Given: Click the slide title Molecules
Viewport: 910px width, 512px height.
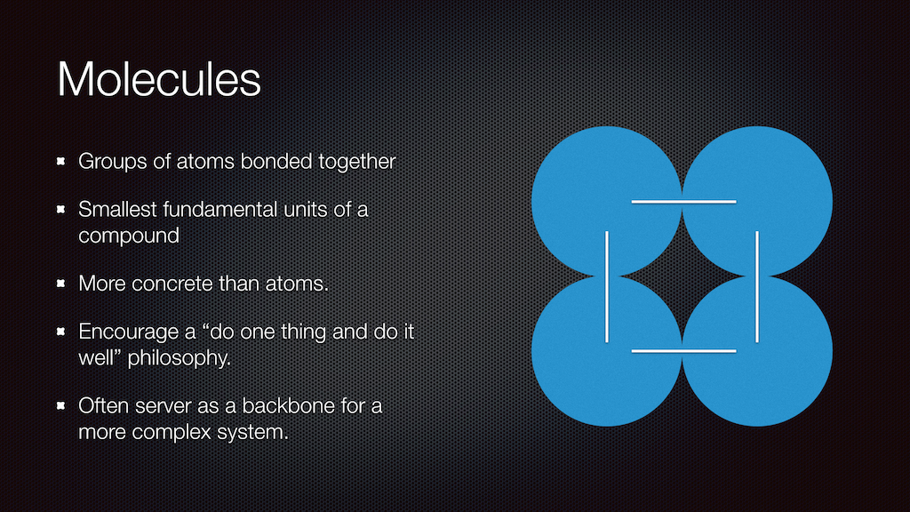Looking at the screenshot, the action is (159, 79).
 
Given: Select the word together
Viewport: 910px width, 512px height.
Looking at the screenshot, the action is (357, 162).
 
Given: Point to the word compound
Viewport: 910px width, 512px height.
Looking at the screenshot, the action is (129, 236).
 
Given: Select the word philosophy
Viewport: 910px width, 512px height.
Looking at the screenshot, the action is (179, 358).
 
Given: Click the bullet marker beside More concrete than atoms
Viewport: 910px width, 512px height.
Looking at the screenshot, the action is (61, 284).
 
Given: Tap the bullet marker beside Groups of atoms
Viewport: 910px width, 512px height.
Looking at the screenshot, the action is (61, 161).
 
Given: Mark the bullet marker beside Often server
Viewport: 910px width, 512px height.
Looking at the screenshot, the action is (61, 405).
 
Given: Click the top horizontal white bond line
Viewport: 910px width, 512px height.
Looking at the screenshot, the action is (683, 202).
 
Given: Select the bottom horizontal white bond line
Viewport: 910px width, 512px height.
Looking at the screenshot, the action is (683, 351).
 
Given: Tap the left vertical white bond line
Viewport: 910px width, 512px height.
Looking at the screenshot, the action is (607, 287).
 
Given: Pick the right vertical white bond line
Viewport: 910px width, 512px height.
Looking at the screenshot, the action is (757, 287).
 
